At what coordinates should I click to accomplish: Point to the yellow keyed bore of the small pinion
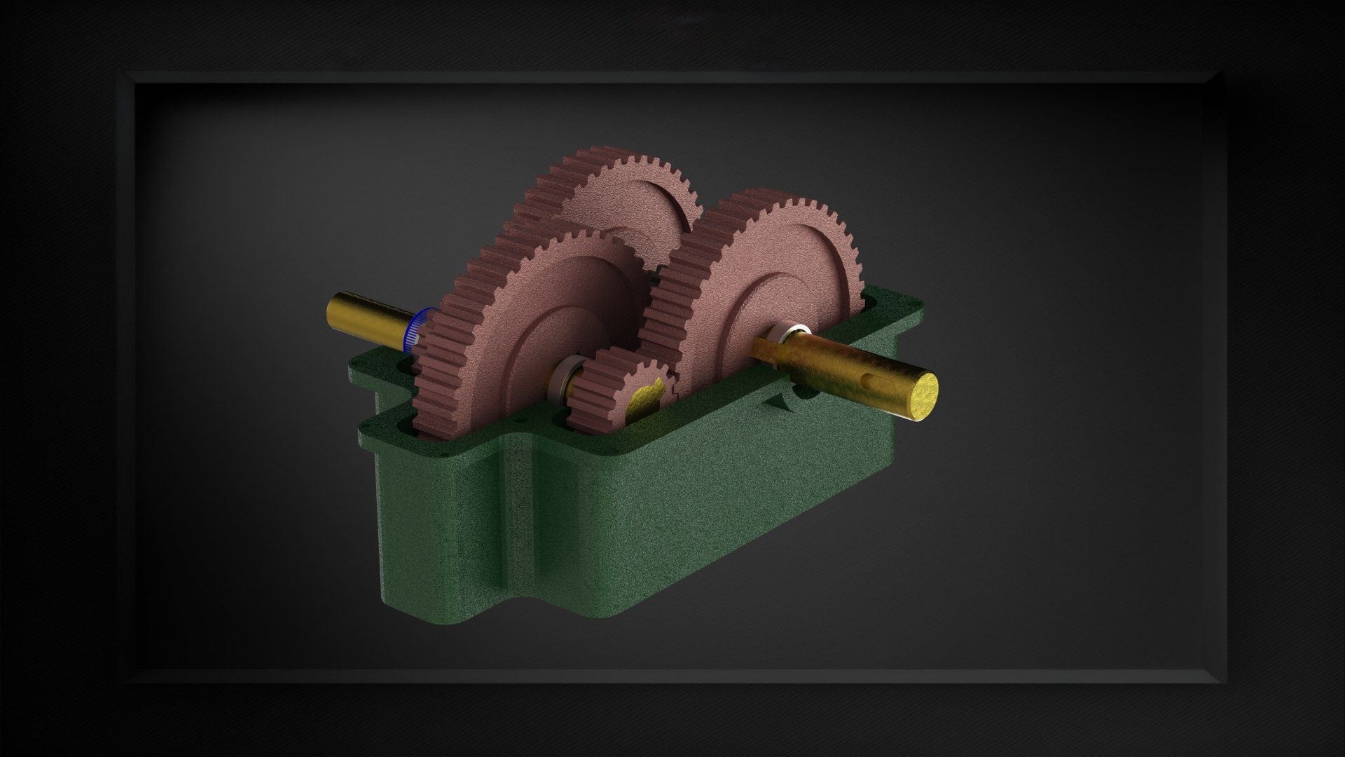coord(644,400)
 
